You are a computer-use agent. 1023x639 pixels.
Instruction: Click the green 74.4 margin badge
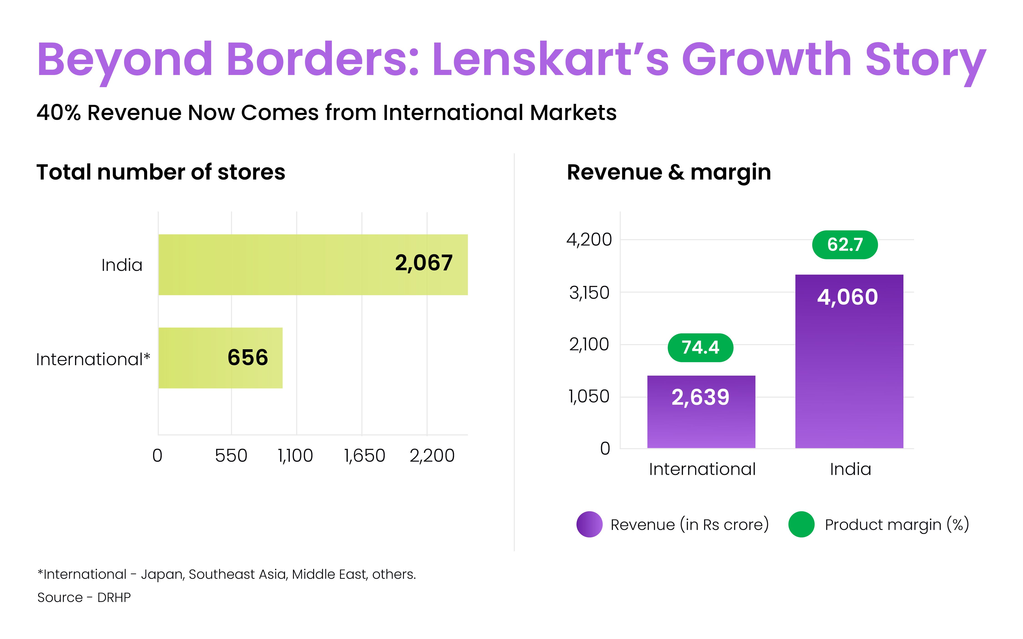click(x=700, y=347)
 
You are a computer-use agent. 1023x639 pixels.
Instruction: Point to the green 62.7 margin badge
click(x=845, y=245)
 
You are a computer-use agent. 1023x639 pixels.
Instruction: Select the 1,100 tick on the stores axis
click(x=296, y=456)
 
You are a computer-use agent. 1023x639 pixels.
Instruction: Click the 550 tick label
click(x=231, y=456)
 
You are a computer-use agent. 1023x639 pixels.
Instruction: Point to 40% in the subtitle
click(x=58, y=113)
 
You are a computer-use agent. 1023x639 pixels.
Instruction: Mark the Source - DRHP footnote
click(x=84, y=597)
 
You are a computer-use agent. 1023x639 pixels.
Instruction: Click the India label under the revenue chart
click(x=850, y=469)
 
